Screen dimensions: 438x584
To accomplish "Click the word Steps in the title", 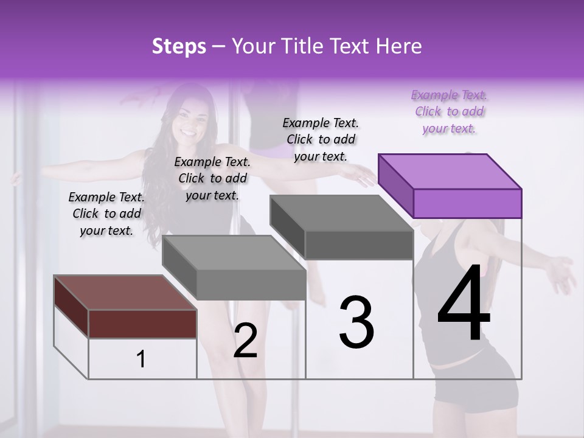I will click(179, 46).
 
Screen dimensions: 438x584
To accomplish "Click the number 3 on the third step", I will click(356, 322).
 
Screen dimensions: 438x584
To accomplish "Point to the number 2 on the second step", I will click(245, 341).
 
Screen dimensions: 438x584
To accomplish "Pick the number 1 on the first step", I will click(141, 359).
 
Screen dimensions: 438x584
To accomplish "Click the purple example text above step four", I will click(449, 111).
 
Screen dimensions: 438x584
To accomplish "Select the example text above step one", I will click(106, 214).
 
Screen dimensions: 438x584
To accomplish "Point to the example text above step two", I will click(212, 178).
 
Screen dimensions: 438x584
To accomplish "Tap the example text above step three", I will click(321, 139).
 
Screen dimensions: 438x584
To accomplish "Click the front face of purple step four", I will click(467, 203).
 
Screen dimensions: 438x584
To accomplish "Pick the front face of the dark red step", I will click(142, 324).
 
